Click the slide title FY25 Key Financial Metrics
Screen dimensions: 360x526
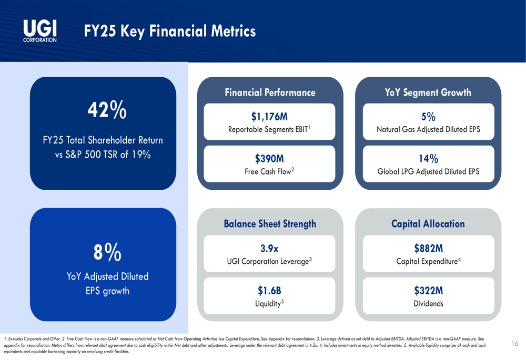coord(170,32)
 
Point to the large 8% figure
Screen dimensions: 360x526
coord(107,253)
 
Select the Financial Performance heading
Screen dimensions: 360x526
coord(270,93)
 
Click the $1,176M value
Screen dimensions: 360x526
coord(269,116)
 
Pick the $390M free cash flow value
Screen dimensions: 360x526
coord(269,159)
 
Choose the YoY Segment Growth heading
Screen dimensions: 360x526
coord(428,93)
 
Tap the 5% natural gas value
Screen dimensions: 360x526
coord(428,116)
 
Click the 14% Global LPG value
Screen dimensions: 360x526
coord(428,159)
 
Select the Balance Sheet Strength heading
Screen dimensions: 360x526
coord(270,224)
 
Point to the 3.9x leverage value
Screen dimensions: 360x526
coord(269,248)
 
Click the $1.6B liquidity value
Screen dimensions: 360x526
coord(269,291)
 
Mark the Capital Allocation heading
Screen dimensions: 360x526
coord(428,224)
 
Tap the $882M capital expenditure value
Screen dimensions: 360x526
coord(428,248)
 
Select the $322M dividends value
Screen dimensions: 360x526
coord(428,291)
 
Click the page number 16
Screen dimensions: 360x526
coord(514,344)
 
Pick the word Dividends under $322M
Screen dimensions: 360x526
coord(428,304)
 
